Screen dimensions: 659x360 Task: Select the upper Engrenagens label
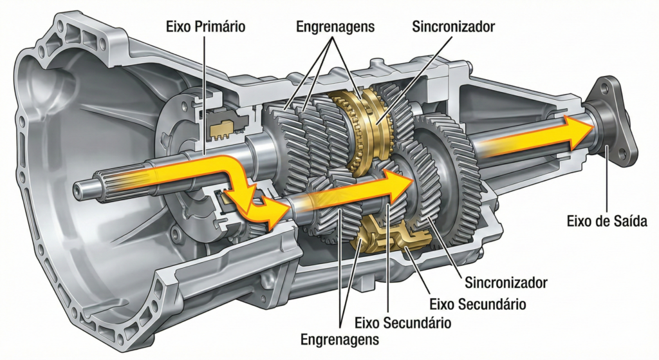pos(335,26)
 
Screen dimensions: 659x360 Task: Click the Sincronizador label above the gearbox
pos(453,26)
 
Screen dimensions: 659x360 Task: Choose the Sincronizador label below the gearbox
pos(506,283)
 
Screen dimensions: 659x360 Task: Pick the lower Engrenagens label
pos(340,339)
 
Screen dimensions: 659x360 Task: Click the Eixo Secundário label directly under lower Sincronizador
pos(478,303)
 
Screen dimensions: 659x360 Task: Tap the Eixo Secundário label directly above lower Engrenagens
pos(403,323)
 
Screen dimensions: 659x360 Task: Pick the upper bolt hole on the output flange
pos(604,88)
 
